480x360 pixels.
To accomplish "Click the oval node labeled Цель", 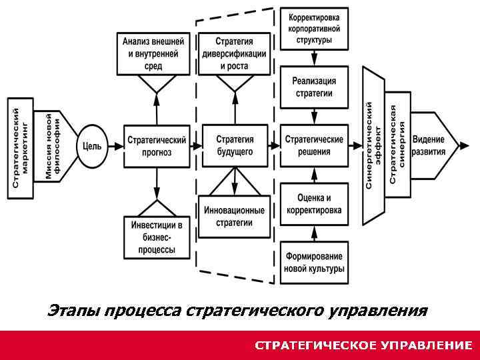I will tap(93, 146).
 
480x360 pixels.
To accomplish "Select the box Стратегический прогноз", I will tap(156, 146).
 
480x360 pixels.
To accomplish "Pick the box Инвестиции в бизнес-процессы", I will tap(156, 237).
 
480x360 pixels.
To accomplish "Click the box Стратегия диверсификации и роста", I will tap(234, 53).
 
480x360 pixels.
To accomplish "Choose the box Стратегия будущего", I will tap(234, 146).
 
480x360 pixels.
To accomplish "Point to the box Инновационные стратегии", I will tap(234, 217).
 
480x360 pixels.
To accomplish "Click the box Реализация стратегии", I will tap(314, 87).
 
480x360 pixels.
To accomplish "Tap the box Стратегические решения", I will tap(314, 146).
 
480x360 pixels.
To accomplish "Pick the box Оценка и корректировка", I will tap(314, 204).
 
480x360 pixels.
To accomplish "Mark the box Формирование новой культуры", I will tap(314, 263).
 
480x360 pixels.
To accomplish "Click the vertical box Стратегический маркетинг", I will tap(20, 146).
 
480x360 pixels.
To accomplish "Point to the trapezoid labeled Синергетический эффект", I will tap(374, 146).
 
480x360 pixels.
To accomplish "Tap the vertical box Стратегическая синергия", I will tap(398, 145).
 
